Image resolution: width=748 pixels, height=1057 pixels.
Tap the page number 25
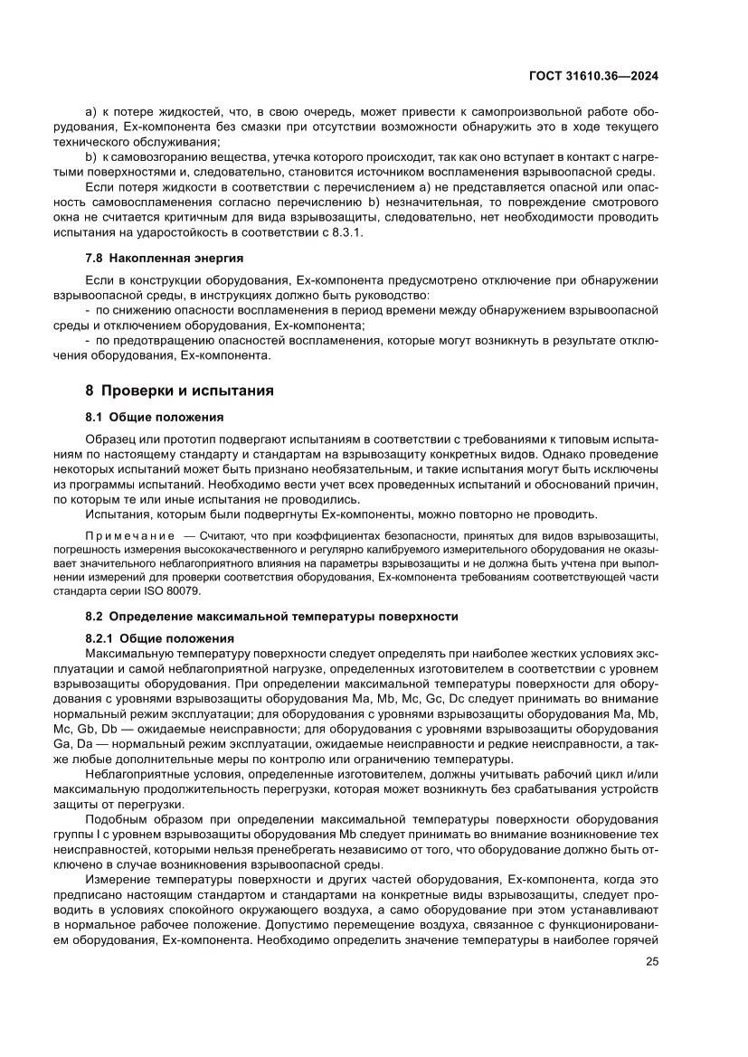[x=652, y=961]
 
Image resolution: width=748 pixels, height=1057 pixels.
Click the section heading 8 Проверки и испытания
[x=179, y=392]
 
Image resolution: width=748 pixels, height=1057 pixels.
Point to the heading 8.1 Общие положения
[x=154, y=417]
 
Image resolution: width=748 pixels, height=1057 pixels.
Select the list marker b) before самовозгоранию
[x=90, y=157]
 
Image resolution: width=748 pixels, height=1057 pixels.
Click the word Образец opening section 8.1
[x=110, y=439]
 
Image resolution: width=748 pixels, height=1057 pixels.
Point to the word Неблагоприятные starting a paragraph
[x=135, y=774]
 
